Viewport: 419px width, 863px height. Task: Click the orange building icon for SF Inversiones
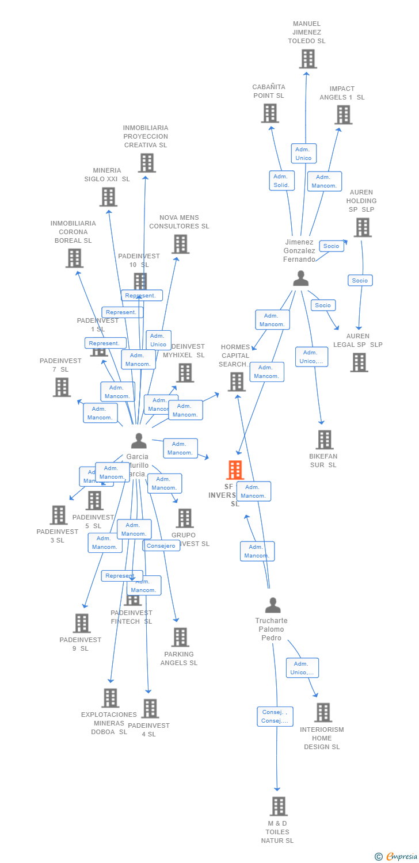tap(235, 470)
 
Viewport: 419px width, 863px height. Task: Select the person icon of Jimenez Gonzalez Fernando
tap(300, 278)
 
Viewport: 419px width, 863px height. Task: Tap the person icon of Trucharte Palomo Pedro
tap(273, 605)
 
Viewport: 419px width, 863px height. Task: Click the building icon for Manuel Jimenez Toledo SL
tap(308, 59)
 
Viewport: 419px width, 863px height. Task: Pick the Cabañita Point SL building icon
tap(270, 113)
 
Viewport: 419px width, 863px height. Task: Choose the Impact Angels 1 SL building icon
tap(344, 114)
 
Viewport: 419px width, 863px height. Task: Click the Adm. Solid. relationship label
tap(281, 181)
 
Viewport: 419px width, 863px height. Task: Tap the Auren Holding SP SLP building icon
tap(362, 227)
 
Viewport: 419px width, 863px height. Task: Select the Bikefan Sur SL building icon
tap(325, 440)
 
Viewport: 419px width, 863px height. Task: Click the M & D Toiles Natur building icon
tap(279, 807)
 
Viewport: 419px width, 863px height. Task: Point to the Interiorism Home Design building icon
tap(323, 712)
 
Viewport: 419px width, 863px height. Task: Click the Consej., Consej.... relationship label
tap(275, 717)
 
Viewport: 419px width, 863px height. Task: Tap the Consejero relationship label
tap(161, 546)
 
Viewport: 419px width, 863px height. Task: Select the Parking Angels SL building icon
tap(180, 637)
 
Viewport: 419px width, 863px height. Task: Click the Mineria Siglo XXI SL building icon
tap(108, 197)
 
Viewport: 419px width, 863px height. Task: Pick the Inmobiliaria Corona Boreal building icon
tap(74, 258)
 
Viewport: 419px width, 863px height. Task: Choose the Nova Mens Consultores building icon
tap(181, 244)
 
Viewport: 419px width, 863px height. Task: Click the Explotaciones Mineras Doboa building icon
tap(111, 698)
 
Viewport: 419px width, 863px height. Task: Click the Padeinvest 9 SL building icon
tap(82, 623)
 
